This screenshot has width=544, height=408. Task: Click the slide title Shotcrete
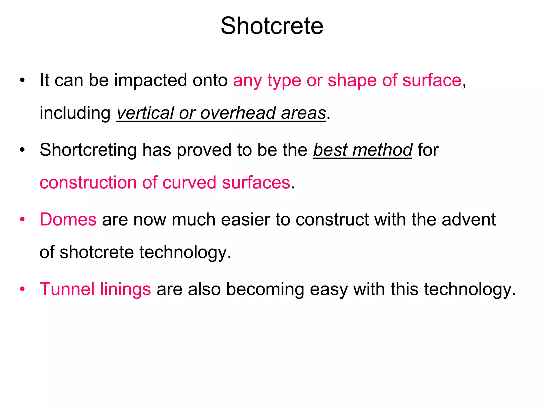272,26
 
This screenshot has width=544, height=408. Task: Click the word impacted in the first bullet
150,80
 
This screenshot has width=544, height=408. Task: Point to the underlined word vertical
145,113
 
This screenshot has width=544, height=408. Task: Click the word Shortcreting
88,150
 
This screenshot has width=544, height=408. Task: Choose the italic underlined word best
330,150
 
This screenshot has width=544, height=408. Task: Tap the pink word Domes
68,220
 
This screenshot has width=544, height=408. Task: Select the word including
75,113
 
